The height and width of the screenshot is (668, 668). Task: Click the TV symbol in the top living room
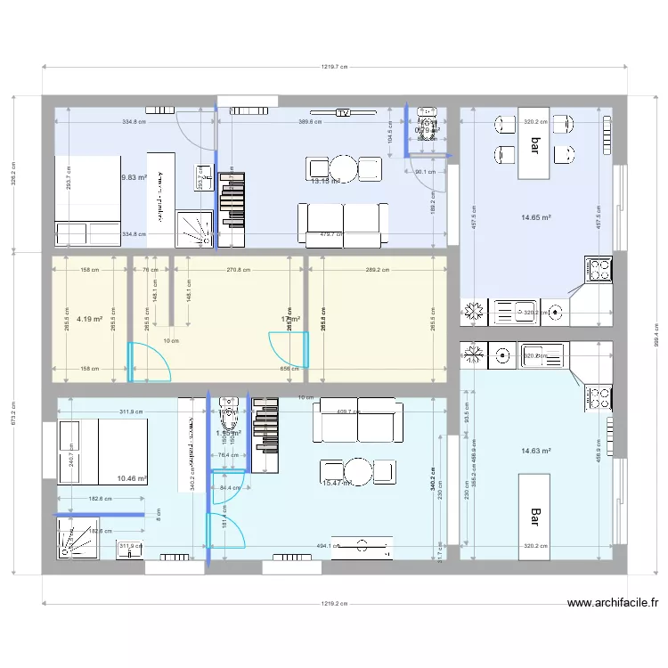click(342, 113)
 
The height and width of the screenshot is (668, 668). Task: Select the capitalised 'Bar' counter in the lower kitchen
click(535, 516)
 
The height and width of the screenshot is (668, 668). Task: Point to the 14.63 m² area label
click(535, 451)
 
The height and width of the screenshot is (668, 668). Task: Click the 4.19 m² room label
click(89, 318)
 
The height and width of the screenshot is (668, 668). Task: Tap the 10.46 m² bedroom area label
click(131, 478)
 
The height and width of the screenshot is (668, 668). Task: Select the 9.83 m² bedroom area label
click(134, 177)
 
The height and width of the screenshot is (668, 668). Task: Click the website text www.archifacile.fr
click(613, 603)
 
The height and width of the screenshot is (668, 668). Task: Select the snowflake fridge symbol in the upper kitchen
click(474, 311)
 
